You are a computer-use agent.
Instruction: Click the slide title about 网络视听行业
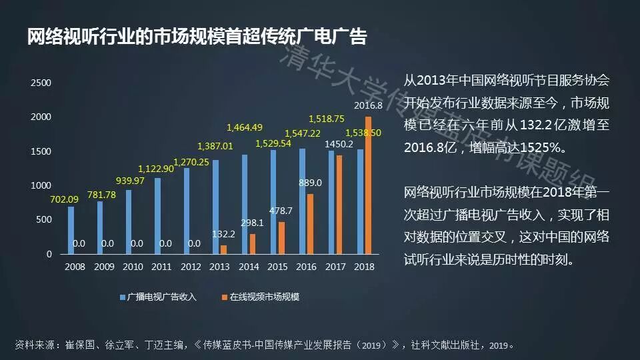[x=197, y=37]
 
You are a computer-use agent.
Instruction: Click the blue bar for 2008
[x=71, y=230]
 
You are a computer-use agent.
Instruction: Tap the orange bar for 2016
[x=310, y=224]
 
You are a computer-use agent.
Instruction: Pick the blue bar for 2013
[x=215, y=207]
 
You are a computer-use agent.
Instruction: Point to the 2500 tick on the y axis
[x=41, y=83]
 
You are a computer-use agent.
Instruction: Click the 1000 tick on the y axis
[x=41, y=185]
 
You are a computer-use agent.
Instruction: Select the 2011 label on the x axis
[x=161, y=267]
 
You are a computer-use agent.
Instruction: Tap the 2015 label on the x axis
[x=277, y=267]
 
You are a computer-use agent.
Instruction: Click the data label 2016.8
[x=368, y=105]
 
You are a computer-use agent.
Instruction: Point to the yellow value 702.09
[x=62, y=198]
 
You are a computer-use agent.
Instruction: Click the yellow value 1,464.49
[x=245, y=127]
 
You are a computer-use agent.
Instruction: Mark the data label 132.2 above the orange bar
[x=223, y=234]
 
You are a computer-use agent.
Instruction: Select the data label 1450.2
[x=339, y=144]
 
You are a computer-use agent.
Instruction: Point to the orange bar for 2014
[x=253, y=244]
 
